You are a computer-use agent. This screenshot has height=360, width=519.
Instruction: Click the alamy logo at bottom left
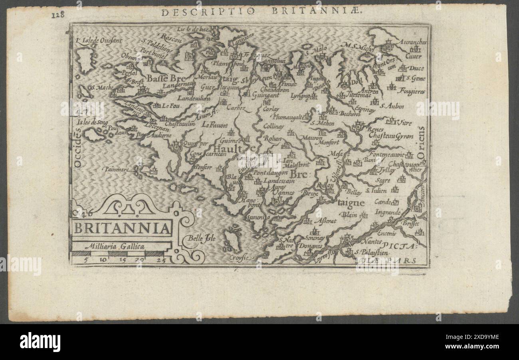click(x=40, y=342)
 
